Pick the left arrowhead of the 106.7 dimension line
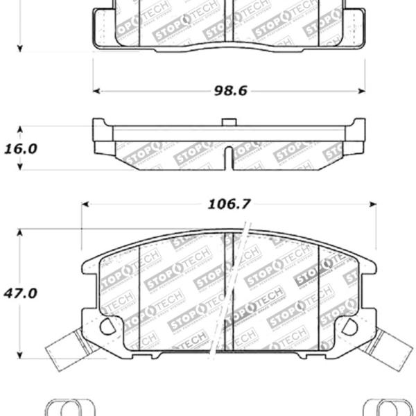point(86,204)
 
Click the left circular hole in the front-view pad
point(107,325)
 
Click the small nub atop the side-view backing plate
point(227,123)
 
